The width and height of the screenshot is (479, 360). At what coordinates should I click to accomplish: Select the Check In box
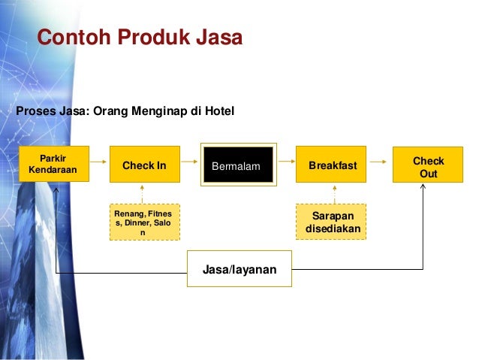pyautogui.click(x=145, y=165)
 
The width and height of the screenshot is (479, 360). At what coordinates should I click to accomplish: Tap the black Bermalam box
pyautogui.click(x=236, y=165)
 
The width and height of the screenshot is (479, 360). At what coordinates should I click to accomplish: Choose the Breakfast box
pyautogui.click(x=332, y=165)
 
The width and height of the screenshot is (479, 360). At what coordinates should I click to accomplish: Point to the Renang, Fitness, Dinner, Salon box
pyautogui.click(x=144, y=222)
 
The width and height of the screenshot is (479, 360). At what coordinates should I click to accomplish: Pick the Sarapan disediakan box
pyautogui.click(x=331, y=221)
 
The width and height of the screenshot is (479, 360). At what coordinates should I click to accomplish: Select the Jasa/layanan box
pyautogui.click(x=239, y=268)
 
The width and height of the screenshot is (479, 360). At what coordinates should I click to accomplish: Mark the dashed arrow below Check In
pyautogui.click(x=145, y=192)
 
